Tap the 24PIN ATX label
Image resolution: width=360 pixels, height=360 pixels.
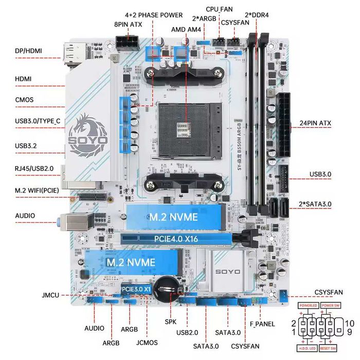(315, 123)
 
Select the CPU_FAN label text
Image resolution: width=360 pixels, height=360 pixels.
(219, 9)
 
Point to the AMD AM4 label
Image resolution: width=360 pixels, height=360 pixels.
(187, 30)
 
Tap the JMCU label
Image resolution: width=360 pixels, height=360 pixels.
(50, 296)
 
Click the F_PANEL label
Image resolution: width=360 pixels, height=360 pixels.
(262, 324)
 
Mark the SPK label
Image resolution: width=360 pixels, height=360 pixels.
(171, 321)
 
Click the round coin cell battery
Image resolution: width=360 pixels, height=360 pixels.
(168, 284)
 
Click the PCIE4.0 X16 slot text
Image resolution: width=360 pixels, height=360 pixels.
(176, 239)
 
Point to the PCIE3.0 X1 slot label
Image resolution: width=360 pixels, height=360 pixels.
(136, 290)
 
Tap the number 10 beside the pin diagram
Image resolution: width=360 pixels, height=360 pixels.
(350, 323)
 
